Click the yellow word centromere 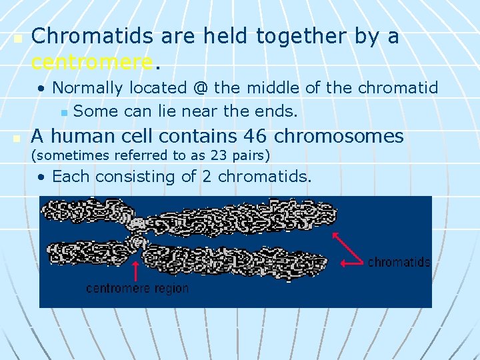[92, 62]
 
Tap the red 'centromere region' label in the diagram [137, 289]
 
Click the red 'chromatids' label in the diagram [399, 262]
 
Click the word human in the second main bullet [84, 136]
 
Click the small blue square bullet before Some [64, 112]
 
